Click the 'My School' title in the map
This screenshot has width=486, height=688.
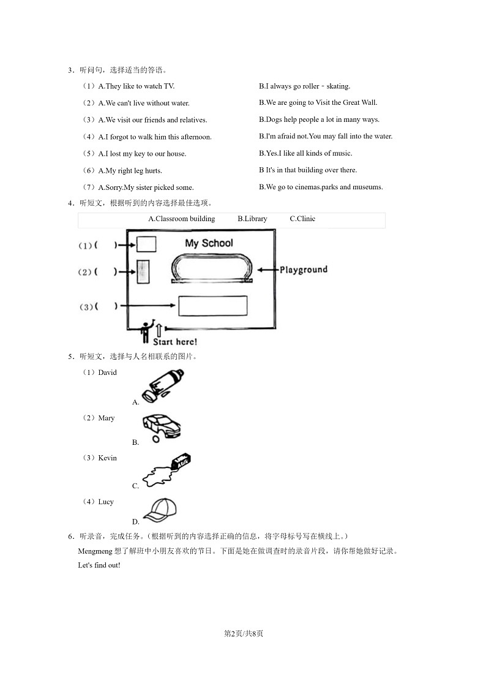click(209, 243)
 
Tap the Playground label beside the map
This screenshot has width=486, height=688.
click(304, 270)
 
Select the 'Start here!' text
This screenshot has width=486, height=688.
click(174, 342)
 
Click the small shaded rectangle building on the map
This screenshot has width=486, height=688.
click(143, 271)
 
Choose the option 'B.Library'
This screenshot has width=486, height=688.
click(252, 219)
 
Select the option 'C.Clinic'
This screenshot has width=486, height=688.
click(302, 219)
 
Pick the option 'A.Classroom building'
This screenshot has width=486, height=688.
click(182, 219)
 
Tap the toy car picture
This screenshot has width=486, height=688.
click(161, 425)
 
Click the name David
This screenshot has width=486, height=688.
click(107, 372)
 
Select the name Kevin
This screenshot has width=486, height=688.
click(107, 458)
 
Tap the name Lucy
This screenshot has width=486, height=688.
click(106, 502)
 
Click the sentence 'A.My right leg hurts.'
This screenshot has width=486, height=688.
click(130, 171)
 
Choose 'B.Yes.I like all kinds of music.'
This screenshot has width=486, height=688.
click(305, 153)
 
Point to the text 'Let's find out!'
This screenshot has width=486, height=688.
click(99, 565)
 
